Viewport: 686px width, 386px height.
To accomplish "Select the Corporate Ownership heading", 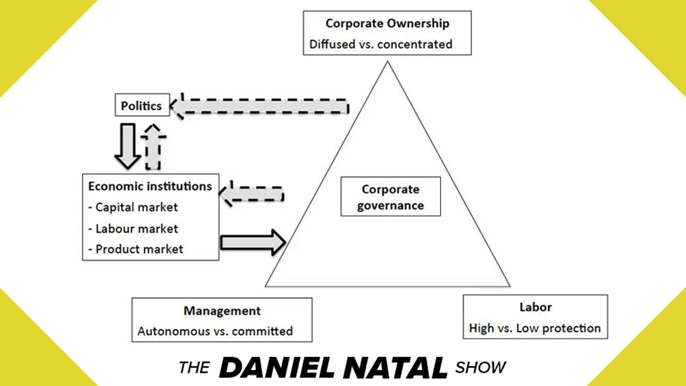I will click(387, 24).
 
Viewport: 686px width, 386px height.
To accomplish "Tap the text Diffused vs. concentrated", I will click(381, 44).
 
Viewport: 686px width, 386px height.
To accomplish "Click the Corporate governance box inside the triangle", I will click(390, 197).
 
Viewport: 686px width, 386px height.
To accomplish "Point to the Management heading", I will click(222, 311).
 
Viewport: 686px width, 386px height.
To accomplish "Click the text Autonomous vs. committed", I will click(215, 331).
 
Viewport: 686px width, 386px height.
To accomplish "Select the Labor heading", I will click(535, 307).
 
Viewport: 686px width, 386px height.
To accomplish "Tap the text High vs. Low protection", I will click(535, 328).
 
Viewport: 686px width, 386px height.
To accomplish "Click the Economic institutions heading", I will click(150, 187).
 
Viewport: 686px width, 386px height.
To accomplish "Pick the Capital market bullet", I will click(136, 207).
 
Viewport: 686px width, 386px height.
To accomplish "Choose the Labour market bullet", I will click(136, 228).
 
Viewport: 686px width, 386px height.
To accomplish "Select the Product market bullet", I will click(139, 249).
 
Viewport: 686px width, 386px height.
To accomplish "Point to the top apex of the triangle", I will click(386, 63).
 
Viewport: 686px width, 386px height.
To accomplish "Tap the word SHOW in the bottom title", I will click(481, 368).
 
